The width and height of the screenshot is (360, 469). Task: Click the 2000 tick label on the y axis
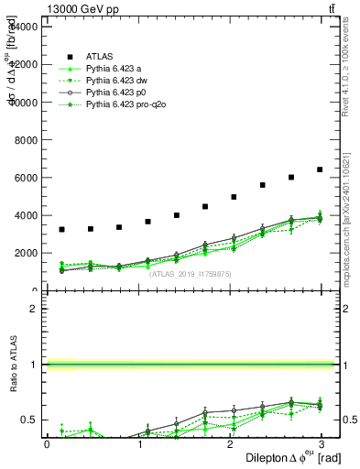26,254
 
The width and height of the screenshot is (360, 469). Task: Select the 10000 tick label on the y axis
23,102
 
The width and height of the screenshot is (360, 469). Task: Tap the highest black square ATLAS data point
320,169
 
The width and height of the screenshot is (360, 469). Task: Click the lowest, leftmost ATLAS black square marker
61,229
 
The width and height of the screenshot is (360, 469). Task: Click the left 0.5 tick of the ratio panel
28,420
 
